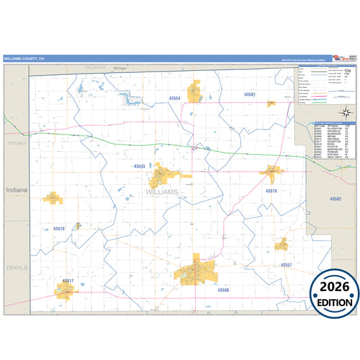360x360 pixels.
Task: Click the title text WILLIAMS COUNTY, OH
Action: click(23, 59)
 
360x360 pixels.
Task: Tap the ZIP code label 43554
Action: click(175, 99)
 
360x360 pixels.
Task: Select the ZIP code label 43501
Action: click(250, 95)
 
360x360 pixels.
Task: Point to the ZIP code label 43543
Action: click(139, 166)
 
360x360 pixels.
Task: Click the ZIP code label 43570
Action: click(271, 191)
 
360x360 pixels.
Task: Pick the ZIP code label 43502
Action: click(336, 199)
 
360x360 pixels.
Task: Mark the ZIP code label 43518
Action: click(59, 229)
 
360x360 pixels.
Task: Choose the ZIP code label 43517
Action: click(68, 280)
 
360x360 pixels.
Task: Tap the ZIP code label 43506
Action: click(224, 290)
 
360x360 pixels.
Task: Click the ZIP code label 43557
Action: click(286, 265)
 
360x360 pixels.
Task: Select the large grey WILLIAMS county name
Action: click(161, 192)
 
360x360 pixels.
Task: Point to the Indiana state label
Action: click(17, 190)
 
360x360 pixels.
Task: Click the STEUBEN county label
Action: click(15, 144)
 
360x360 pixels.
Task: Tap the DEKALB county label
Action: click(15, 268)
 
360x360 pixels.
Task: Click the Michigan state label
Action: click(120, 68)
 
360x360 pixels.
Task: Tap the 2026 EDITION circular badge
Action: click(334, 292)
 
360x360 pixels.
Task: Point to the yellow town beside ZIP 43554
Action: click(197, 92)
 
